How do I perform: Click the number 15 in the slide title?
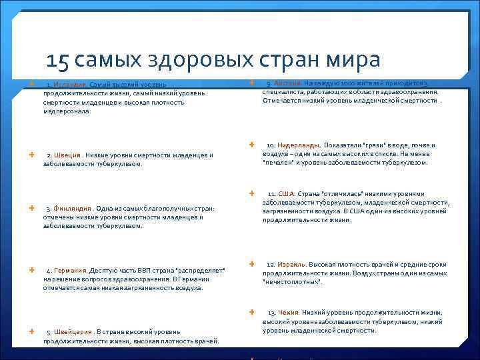point(59,61)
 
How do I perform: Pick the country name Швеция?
point(68,155)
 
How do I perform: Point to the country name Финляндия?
point(73,208)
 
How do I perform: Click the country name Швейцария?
point(73,332)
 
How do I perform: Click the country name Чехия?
point(288,313)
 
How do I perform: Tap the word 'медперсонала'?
point(66,112)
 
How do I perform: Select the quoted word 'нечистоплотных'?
point(293,282)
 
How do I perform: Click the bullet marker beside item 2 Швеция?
point(33,154)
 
